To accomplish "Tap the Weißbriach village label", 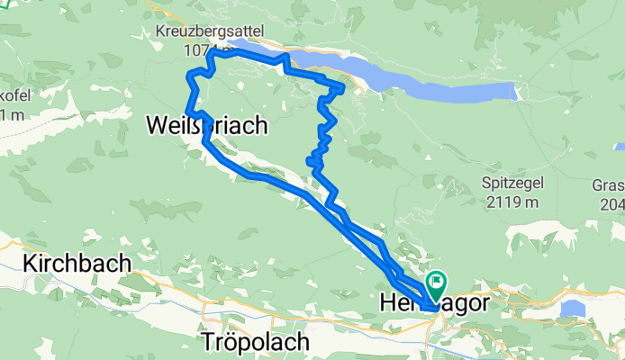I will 205,127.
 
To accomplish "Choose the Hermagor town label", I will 437,304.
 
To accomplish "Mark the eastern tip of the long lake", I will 516,90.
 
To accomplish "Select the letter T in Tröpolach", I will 206,342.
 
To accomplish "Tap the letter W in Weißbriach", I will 156,127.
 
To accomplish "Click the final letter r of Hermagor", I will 487,304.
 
